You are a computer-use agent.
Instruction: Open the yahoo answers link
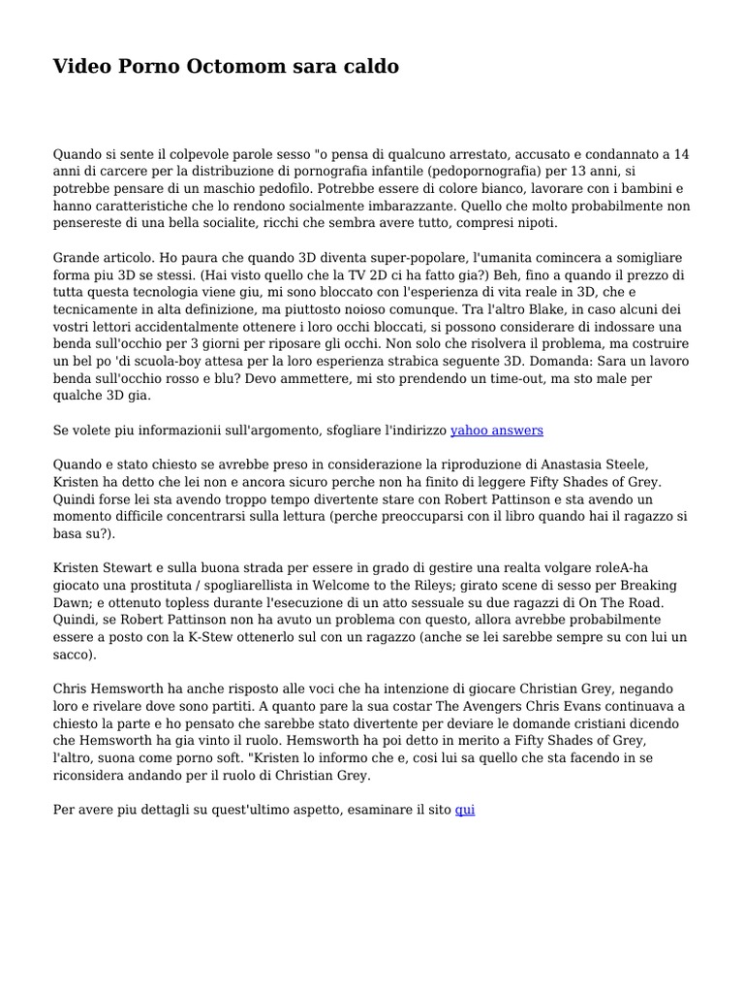point(497,430)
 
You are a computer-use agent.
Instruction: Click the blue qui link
point(465,808)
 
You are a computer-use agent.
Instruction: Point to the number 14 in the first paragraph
point(681,154)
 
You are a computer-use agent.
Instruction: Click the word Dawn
point(75,602)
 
